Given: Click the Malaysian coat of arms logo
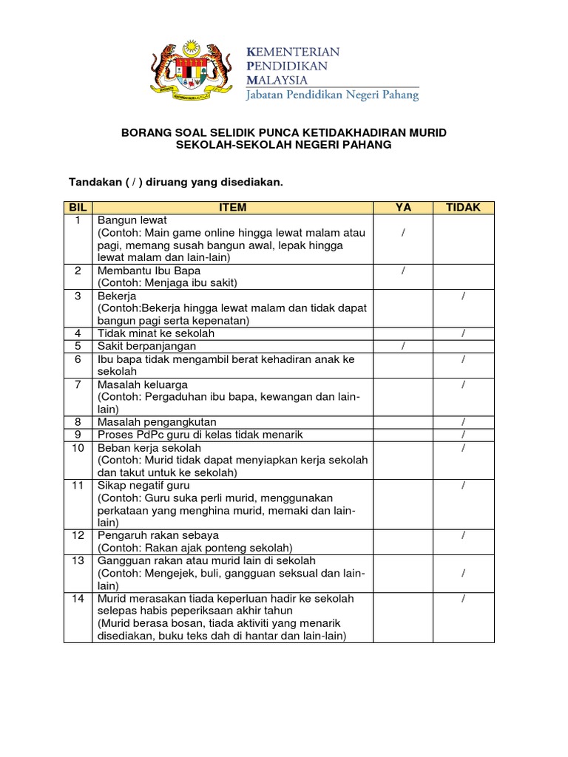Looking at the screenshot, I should point(192,72).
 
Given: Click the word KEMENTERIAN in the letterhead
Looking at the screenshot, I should point(293,52).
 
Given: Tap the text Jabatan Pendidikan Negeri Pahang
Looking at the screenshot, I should point(332,94).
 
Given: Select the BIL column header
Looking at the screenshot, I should point(78,208).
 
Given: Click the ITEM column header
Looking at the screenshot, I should point(233,208).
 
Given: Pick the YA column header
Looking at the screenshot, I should point(403,208).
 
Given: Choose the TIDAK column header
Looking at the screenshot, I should point(463,208).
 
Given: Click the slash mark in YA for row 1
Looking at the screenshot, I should point(403,233).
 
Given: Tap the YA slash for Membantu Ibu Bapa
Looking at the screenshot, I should point(403,271).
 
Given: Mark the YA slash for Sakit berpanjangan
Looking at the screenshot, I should point(403,346).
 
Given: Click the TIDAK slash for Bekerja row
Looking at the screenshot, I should point(463,296).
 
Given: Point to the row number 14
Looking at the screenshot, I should point(78,598).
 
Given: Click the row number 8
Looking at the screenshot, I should point(78,422).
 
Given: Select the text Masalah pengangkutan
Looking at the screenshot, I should point(149,422).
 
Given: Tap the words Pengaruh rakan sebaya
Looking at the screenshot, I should point(158,535).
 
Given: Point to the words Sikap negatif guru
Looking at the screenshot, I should point(144,485).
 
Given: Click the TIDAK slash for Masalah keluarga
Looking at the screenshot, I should point(463,384).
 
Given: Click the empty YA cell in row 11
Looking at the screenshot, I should point(403,503).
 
